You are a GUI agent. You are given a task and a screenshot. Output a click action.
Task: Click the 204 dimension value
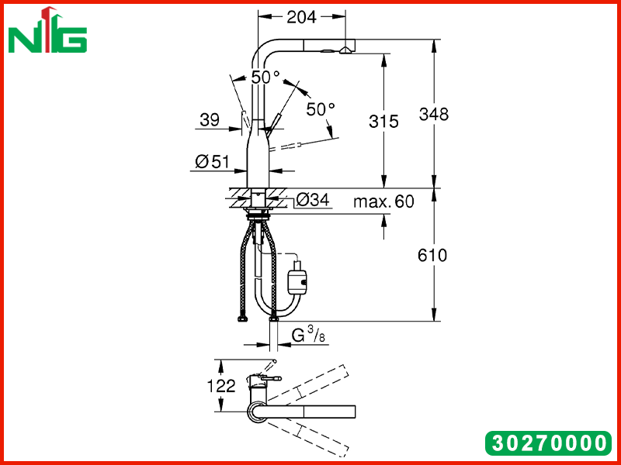point(301,17)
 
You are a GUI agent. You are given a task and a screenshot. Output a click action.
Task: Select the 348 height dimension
point(434,114)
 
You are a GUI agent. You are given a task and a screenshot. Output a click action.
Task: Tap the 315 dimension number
point(383,122)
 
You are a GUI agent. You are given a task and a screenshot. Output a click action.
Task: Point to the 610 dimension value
point(432,256)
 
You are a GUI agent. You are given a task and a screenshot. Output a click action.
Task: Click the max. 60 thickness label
point(383,201)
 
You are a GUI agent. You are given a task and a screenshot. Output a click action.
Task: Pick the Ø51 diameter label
point(212,161)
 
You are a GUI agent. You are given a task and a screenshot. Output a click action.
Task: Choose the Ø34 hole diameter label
point(313,200)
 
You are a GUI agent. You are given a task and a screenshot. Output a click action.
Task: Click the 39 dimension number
point(210,119)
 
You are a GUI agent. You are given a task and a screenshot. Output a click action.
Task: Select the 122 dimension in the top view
point(221,386)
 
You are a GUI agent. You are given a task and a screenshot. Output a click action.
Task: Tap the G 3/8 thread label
point(308,336)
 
